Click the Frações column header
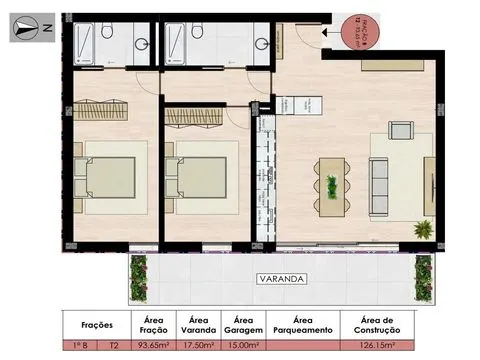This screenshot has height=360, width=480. tap(93, 324)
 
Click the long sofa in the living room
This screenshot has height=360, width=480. tap(381, 181)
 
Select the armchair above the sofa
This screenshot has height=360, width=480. tap(399, 130)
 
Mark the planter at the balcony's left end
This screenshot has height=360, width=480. tap(139, 276)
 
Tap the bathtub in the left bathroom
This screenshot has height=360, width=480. tap(81, 42)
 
